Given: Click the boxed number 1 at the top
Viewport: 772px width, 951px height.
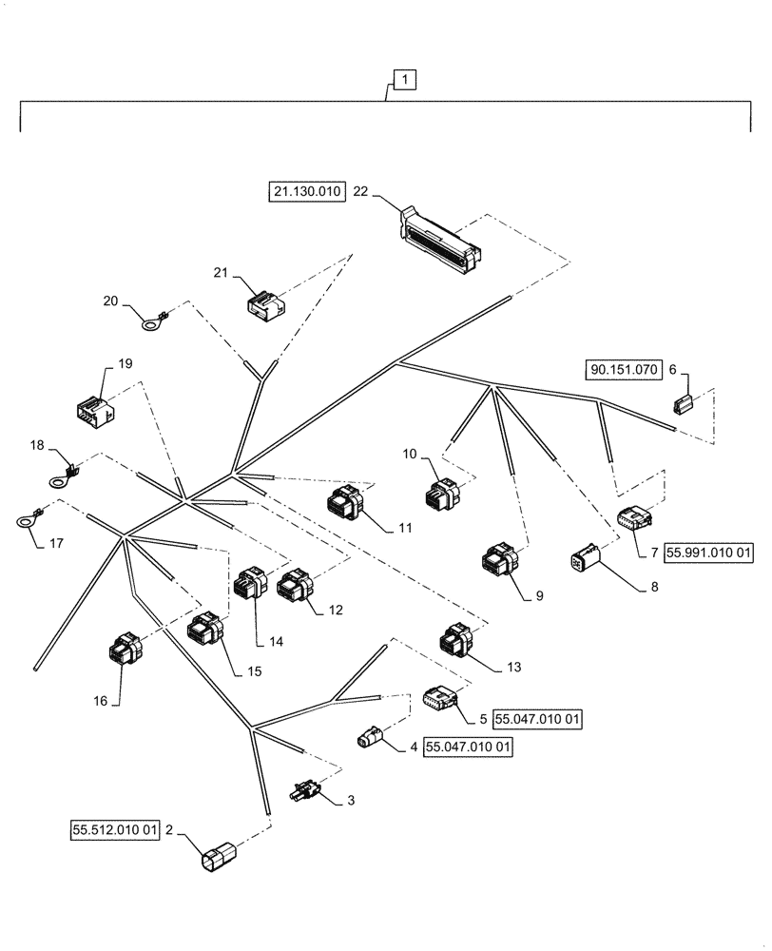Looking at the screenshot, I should [x=405, y=81].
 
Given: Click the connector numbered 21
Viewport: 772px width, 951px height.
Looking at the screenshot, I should [x=263, y=302].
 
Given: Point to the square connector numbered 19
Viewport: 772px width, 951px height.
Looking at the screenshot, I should [x=93, y=409].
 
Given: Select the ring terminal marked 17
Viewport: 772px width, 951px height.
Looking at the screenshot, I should [x=26, y=519].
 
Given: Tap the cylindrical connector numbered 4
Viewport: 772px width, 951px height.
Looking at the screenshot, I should [x=371, y=737].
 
